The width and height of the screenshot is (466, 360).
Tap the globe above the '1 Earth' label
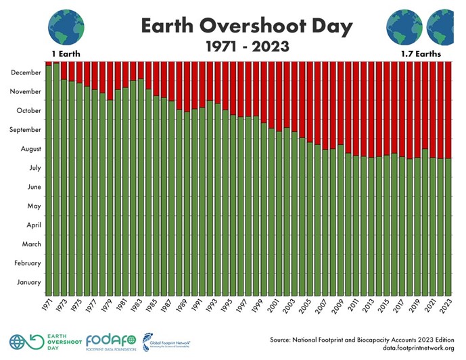point(66,26)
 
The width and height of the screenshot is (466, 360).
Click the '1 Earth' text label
point(66,53)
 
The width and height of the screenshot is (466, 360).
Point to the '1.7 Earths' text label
point(419,53)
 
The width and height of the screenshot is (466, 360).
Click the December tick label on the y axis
point(26,72)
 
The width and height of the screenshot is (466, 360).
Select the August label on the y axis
point(30,148)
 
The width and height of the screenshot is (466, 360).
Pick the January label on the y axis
point(28,282)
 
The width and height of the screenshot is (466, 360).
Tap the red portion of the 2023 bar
point(448,108)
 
